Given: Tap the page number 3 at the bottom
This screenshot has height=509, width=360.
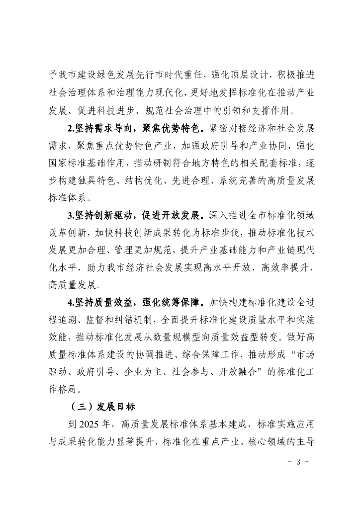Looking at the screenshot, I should (298, 462).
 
